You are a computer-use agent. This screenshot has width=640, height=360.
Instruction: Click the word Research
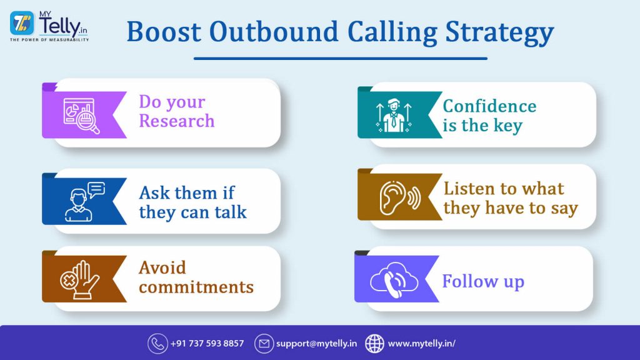coord(177,121)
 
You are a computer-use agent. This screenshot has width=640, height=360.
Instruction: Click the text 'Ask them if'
coord(187,192)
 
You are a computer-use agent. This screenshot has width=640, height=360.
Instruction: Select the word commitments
coord(196,287)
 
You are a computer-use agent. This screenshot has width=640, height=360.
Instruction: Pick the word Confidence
coord(489,106)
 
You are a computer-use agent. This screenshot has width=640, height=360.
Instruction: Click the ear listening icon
coord(398,197)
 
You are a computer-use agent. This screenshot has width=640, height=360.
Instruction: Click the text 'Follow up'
coord(483,281)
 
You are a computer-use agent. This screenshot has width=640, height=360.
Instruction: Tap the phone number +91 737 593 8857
coord(207,343)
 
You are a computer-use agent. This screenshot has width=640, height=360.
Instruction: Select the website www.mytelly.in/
coord(421,343)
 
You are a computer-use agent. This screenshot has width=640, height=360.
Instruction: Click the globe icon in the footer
coord(374,343)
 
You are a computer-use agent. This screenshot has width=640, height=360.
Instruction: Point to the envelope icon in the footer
coord(264,343)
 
